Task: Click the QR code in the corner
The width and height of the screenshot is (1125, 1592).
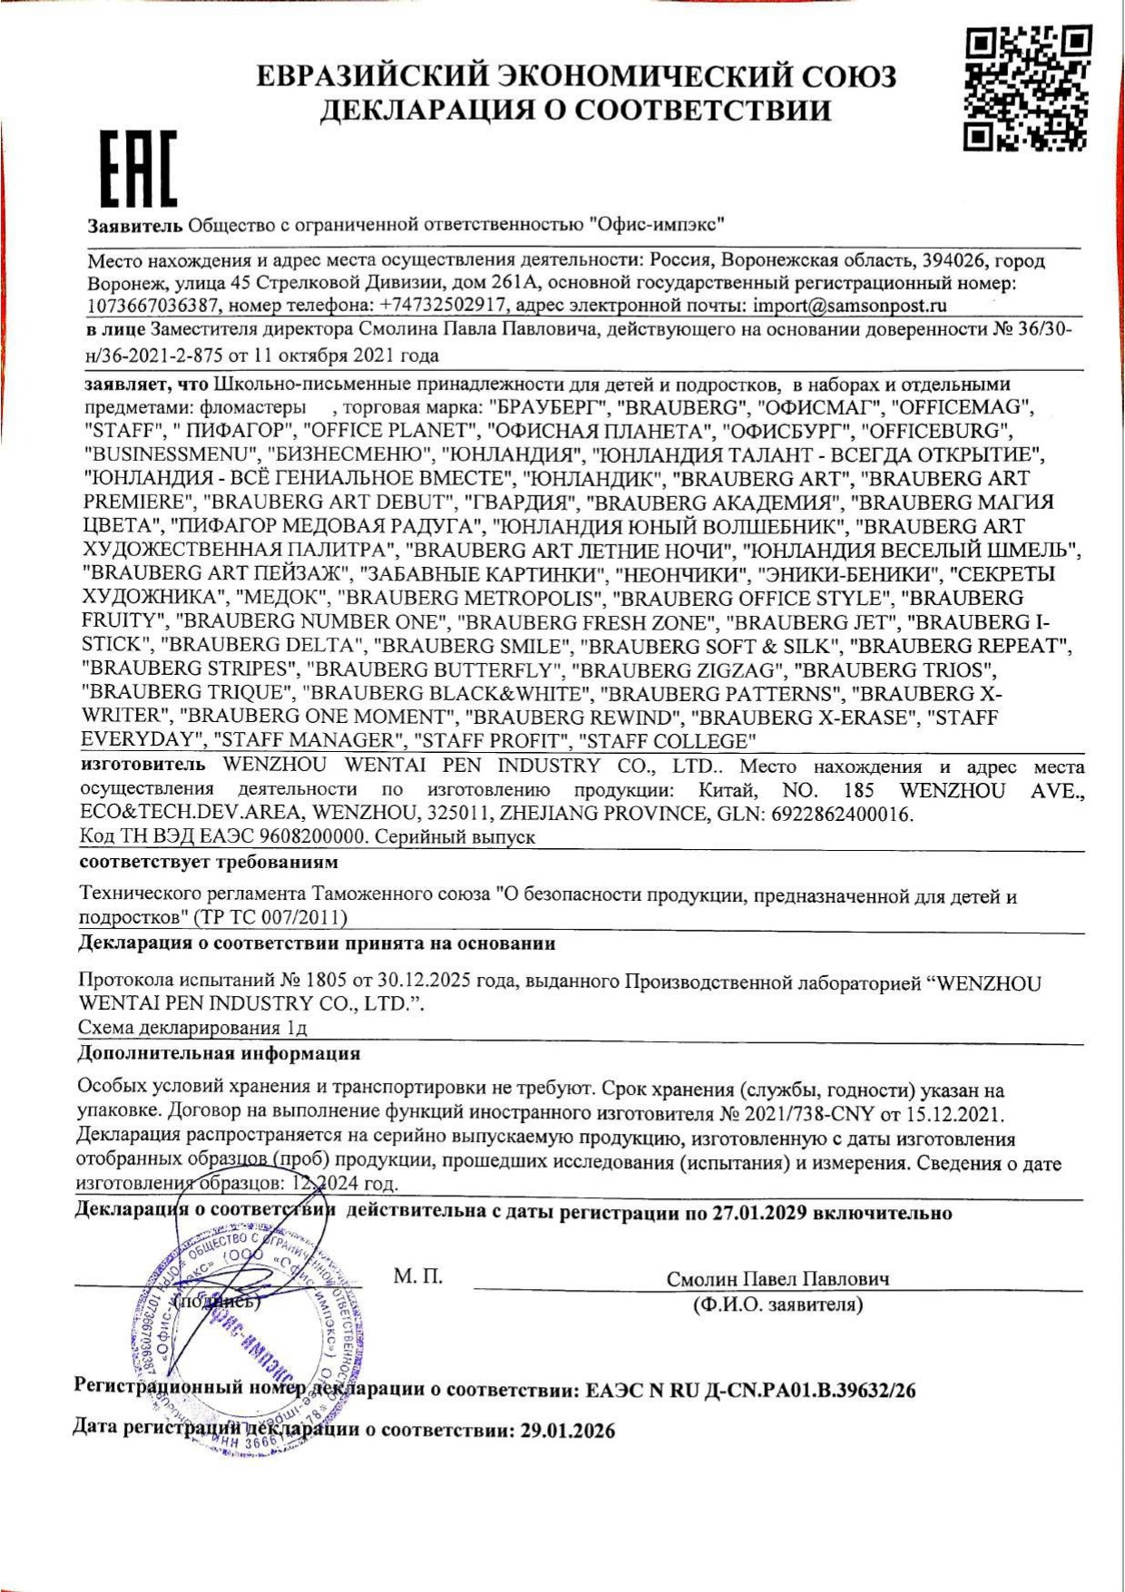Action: click(x=1026, y=87)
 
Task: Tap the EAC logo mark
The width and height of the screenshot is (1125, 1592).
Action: click(x=138, y=168)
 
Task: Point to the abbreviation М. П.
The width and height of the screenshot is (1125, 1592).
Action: click(x=418, y=1277)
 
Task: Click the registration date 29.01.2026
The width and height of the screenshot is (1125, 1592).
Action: click(x=568, y=1431)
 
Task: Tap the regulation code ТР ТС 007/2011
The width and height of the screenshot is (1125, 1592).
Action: click(x=270, y=918)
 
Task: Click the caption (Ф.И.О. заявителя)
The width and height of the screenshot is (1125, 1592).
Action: click(x=778, y=1304)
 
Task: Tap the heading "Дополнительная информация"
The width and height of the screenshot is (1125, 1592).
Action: click(x=220, y=1053)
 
